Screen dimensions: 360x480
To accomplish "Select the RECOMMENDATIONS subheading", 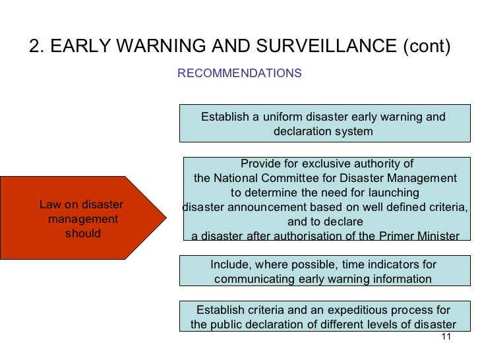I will [x=239, y=73].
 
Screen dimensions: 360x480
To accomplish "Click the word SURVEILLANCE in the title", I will [x=320, y=47].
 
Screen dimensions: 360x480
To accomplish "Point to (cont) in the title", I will [x=425, y=47].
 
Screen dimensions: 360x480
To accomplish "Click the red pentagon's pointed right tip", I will [x=164, y=217].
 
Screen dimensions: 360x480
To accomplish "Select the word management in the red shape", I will [x=83, y=219].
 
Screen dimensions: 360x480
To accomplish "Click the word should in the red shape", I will [x=83, y=233].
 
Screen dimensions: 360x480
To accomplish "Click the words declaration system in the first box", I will [x=323, y=131].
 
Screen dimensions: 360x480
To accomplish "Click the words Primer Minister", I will [x=419, y=237].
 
